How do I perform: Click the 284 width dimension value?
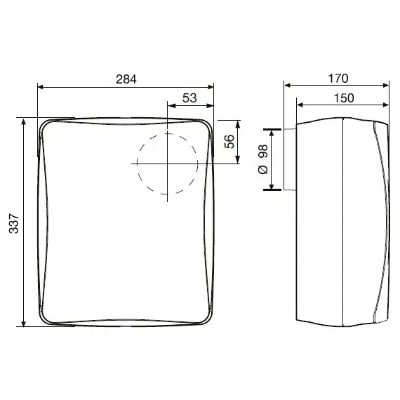[126, 79]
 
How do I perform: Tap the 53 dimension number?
[189, 98]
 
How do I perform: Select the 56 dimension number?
[229, 141]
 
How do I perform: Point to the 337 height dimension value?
[14, 224]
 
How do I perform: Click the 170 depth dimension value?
[338, 79]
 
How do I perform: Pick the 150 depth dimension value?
[344, 98]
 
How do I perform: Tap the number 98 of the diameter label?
[263, 152]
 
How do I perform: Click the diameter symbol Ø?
[263, 170]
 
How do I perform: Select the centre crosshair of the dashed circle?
[167, 164]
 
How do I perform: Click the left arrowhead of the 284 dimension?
[41, 87]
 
